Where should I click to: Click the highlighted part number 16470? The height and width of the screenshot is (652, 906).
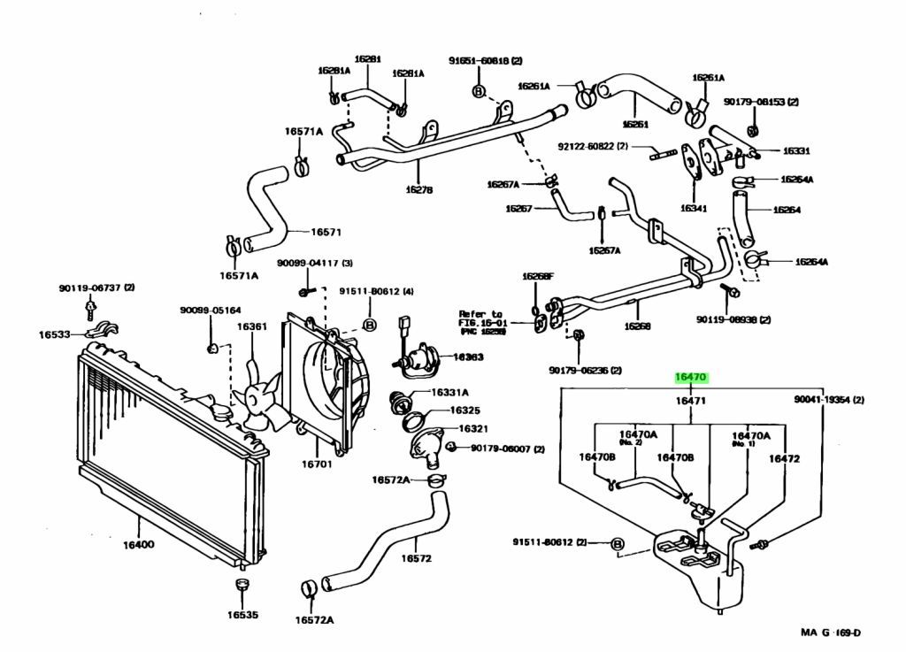tap(690, 377)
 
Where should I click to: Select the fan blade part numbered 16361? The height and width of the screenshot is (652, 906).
tap(251, 326)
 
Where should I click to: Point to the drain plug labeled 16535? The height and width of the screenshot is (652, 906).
tap(241, 614)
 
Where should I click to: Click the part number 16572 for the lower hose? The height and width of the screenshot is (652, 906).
tap(416, 558)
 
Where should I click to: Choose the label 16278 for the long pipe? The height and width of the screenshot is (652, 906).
tap(418, 189)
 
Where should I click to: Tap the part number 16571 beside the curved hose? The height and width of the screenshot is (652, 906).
tap(326, 233)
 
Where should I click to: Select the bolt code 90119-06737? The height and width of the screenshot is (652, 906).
tap(97, 288)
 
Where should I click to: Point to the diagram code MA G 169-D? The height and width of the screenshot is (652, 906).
tap(831, 632)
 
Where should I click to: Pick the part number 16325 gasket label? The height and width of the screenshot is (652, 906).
tap(465, 410)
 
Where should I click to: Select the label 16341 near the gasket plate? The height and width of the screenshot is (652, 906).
tap(694, 209)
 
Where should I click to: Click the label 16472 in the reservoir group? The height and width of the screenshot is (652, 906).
tap(784, 458)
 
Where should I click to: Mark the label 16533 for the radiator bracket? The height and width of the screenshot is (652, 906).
tap(54, 334)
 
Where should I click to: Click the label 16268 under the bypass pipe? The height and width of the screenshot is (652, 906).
tap(637, 326)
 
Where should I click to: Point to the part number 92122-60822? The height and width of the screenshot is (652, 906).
tap(593, 146)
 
